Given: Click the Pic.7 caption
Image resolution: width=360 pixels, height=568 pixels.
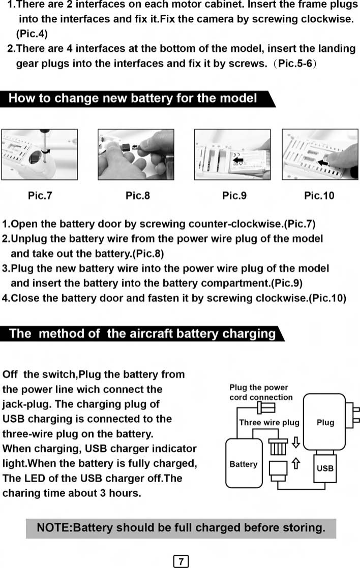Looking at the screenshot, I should click(x=40, y=196).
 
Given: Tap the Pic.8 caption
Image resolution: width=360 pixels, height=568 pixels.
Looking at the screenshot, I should click(x=137, y=196).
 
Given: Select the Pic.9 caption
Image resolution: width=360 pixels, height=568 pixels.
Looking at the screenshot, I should click(x=234, y=196).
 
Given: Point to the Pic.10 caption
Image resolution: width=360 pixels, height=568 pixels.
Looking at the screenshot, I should click(x=319, y=196).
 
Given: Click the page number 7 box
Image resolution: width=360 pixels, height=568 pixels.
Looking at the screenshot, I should click(x=181, y=561).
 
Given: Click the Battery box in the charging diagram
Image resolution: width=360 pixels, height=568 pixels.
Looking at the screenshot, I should click(x=244, y=464).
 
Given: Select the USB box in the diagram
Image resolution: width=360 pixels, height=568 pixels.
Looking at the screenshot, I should click(x=325, y=468).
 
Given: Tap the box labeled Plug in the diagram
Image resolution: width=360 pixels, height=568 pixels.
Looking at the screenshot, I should click(x=325, y=422).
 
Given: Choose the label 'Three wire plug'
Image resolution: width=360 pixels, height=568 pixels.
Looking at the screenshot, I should click(x=269, y=423).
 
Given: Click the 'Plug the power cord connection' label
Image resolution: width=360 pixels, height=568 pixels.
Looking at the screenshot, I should click(x=261, y=392).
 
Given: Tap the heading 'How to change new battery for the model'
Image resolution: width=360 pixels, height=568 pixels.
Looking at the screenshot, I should click(x=133, y=98).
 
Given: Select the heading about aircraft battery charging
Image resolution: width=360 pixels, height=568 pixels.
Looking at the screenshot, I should click(x=142, y=333).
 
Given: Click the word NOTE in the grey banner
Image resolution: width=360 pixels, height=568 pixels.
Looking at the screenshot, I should click(x=53, y=528).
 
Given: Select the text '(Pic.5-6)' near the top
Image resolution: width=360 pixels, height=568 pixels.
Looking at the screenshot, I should click(x=293, y=65).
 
